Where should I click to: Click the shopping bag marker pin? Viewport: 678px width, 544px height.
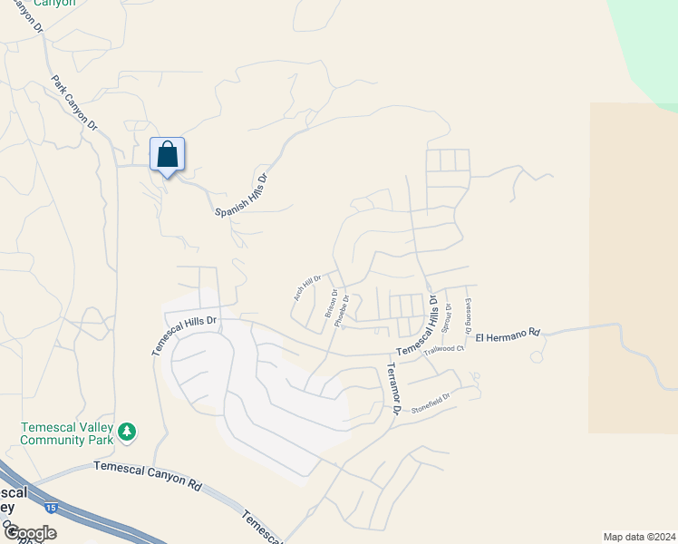point(167,155)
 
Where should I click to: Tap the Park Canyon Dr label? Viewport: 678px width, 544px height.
point(74,102)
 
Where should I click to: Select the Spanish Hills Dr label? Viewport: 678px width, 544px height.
point(243,195)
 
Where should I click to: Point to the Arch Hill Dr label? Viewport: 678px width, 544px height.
point(307,287)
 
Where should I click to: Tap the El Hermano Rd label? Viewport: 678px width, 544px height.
point(508,334)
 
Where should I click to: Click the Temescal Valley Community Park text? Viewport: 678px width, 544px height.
point(69,432)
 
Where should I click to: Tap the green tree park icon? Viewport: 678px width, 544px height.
point(128,431)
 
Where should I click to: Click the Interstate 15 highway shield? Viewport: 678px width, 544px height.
point(51,508)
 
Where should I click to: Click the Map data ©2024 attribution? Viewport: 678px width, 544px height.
point(639,536)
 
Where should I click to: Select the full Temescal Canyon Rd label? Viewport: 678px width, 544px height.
point(147,475)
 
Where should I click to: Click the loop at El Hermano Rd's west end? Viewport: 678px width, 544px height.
point(536,357)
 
